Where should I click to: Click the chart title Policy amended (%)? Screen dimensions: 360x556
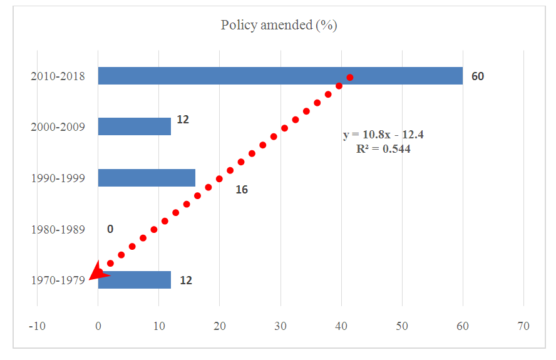(279, 26)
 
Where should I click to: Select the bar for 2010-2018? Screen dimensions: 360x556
(280, 76)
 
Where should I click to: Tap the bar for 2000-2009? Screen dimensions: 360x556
(134, 126)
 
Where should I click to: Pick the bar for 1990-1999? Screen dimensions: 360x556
(147, 178)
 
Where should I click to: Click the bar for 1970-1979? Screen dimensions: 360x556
(134, 280)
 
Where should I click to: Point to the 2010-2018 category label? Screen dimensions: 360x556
(58, 76)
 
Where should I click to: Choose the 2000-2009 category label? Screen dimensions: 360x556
(58, 127)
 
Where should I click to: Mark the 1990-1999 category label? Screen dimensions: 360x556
(58, 178)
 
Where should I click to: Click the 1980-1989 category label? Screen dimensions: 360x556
(58, 229)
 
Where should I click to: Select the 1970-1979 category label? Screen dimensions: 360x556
(58, 280)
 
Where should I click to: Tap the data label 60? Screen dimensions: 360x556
(478, 76)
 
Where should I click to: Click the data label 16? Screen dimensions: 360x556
(242, 190)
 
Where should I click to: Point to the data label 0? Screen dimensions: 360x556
(110, 229)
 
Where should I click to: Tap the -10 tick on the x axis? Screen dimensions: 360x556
(37, 326)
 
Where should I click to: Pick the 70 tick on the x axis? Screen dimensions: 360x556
(523, 326)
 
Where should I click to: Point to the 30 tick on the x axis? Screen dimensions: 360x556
(281, 326)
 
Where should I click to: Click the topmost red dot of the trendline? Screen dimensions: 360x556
(350, 78)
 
